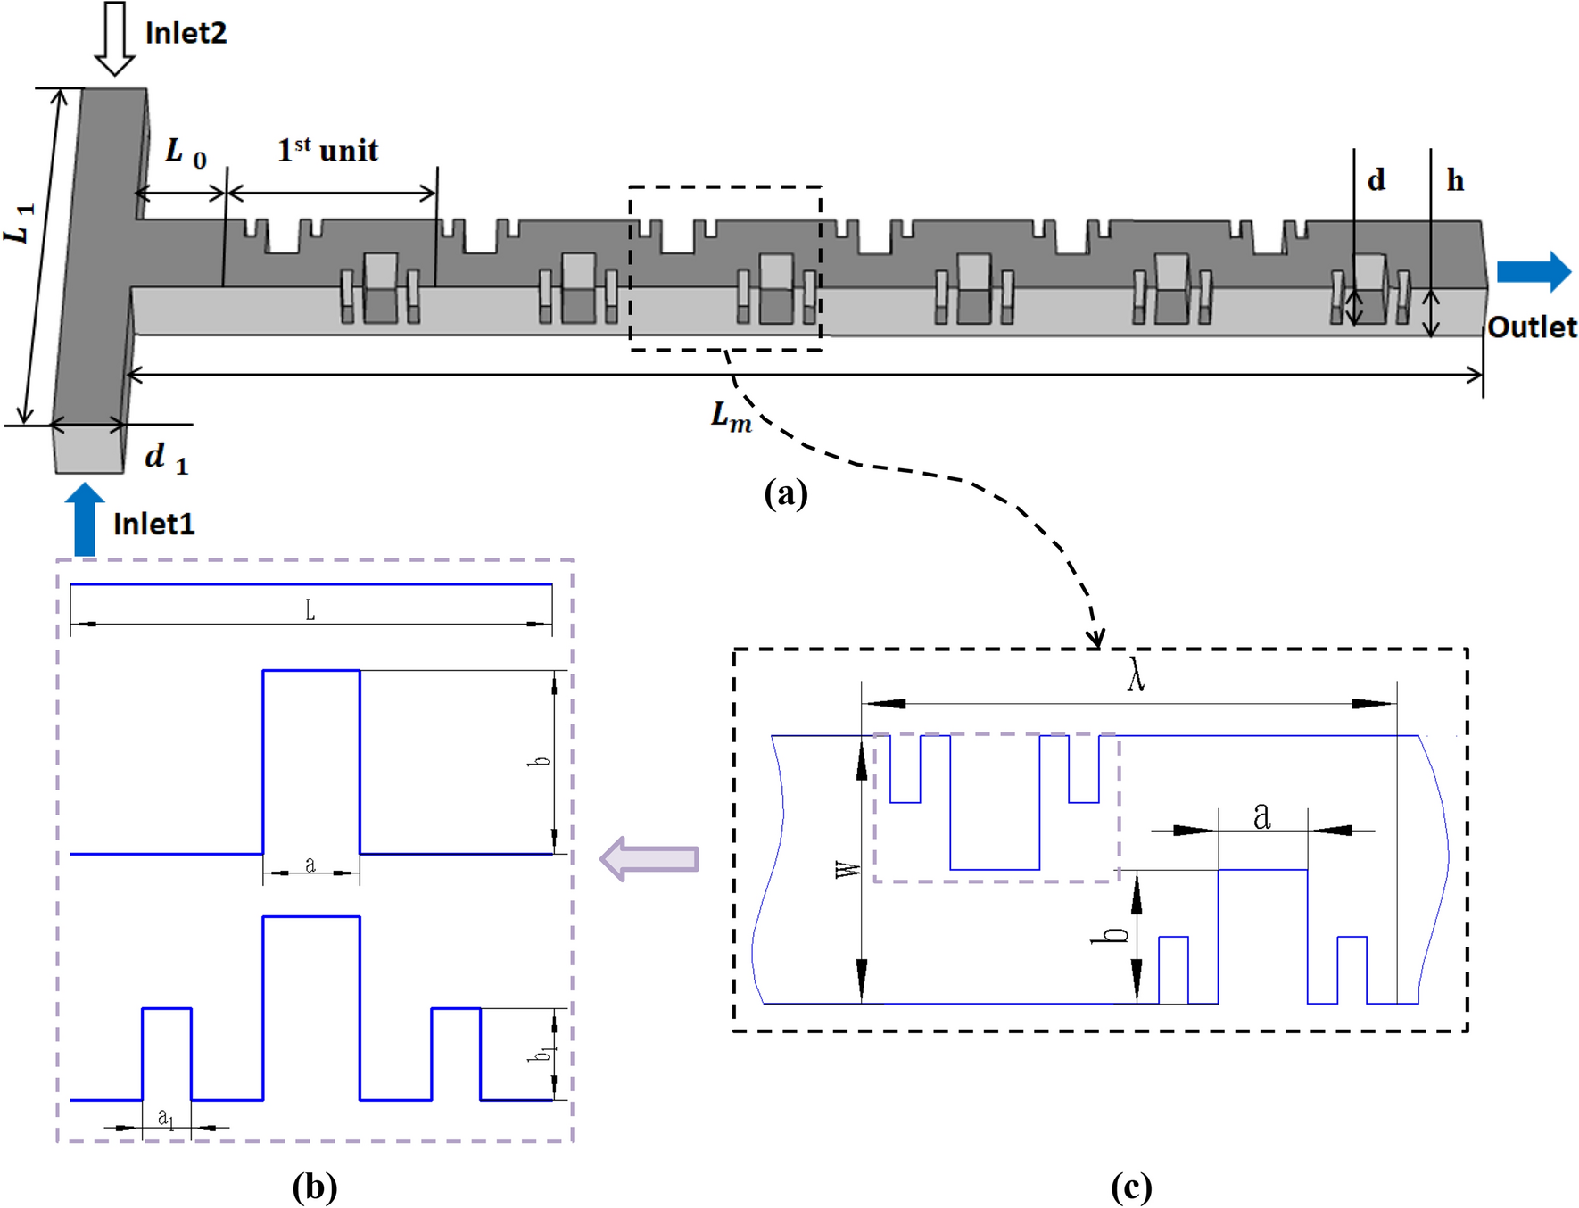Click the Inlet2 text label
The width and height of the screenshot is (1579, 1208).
click(186, 33)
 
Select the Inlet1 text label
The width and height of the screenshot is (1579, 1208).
click(153, 524)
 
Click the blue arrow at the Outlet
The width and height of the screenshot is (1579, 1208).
click(1533, 271)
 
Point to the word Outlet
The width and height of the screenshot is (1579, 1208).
click(1532, 327)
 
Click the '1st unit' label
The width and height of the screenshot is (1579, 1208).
click(327, 150)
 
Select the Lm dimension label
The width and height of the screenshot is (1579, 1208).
click(731, 417)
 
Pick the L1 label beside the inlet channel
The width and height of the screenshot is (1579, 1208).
click(20, 223)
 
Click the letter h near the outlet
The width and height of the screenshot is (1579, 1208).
click(1455, 181)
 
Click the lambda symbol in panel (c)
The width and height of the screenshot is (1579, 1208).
click(1135, 674)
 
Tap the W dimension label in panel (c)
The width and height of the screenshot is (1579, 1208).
click(847, 869)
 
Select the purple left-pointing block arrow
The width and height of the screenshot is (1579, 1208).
click(649, 858)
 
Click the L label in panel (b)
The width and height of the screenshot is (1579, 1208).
click(310, 610)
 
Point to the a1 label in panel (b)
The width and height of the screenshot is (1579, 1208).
click(166, 1117)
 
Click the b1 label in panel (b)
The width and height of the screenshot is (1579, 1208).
click(540, 1054)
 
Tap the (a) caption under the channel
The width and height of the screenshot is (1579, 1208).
click(785, 492)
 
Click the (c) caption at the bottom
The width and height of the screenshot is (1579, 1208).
click(1130, 1187)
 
